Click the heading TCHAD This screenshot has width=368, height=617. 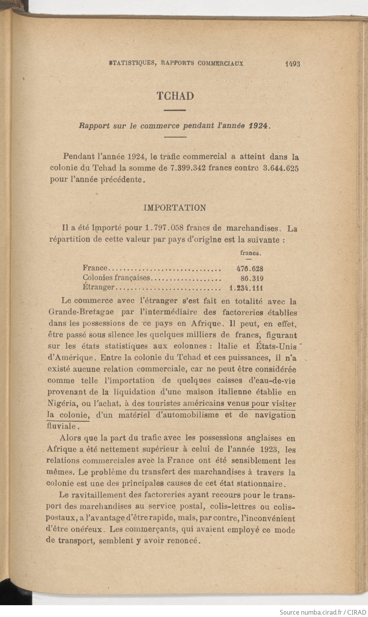175,96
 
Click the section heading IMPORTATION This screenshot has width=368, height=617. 174,208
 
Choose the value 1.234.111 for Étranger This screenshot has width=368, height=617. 246,288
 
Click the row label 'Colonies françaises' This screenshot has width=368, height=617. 117,278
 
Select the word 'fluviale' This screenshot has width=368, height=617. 62,426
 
